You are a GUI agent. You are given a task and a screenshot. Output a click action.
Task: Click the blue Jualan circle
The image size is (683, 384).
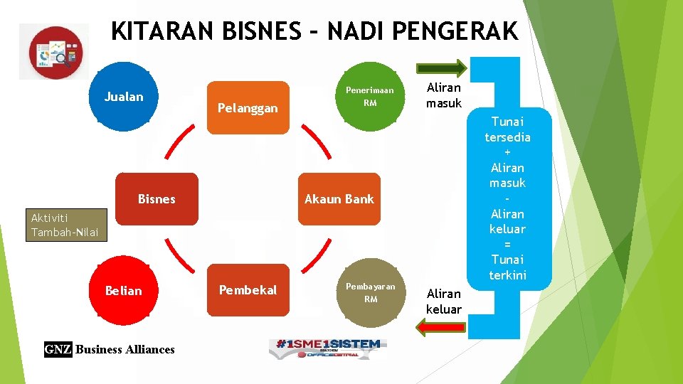tap(124, 97)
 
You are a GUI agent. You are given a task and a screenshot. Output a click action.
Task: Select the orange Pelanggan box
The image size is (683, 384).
tap(248, 107)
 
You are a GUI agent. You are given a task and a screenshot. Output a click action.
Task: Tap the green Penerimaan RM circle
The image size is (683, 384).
tap(370, 97)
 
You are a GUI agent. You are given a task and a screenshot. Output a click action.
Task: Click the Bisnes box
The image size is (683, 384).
tap(157, 199)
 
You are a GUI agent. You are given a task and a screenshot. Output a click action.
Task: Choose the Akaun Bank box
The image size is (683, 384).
tap(339, 199)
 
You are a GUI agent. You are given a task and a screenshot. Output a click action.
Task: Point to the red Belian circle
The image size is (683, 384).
tap(124, 290)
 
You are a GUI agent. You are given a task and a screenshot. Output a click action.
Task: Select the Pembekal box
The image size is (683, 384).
tap(248, 290)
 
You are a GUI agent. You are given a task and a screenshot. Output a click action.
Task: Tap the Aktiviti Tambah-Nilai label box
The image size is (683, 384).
tap(65, 225)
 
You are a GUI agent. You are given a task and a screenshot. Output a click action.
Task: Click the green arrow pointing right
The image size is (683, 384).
tap(442, 68)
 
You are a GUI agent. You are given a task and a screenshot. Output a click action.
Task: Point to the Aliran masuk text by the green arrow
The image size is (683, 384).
tap(443, 95)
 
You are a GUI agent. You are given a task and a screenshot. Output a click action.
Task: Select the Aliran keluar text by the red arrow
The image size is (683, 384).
tap(443, 302)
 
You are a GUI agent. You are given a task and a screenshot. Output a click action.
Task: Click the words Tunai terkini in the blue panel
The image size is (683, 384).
tap(507, 267)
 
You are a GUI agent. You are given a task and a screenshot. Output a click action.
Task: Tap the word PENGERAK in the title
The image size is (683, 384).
tap(455, 32)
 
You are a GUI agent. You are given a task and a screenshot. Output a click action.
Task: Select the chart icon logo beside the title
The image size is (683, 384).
tap(55, 52)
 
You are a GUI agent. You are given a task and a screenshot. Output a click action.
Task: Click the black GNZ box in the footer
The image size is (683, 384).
tap(58, 349)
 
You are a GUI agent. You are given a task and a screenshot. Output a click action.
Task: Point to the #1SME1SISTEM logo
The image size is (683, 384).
tap(328, 348)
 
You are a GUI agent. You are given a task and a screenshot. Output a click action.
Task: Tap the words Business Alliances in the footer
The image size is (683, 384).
tap(125, 349)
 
